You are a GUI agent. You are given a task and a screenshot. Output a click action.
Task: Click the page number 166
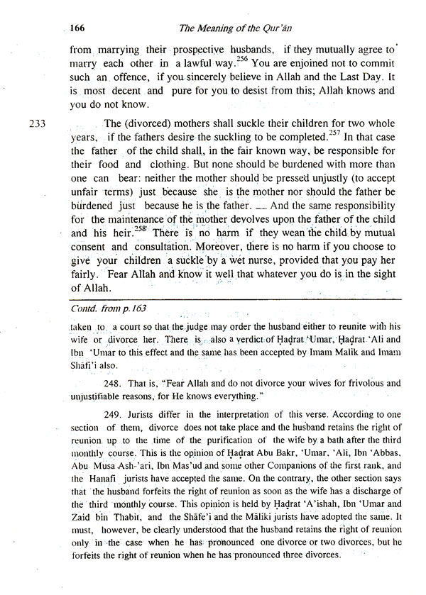click(78, 29)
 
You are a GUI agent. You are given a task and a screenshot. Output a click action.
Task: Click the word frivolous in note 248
click(339, 383)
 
